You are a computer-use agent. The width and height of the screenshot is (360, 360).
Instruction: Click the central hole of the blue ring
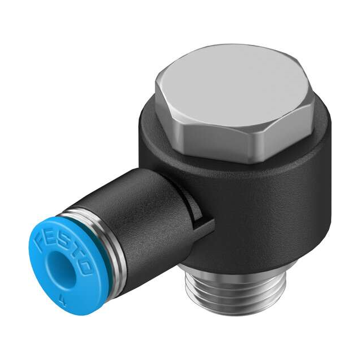click(x=58, y=269)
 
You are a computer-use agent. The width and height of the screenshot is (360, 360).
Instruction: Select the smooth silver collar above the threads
click(x=225, y=276)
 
